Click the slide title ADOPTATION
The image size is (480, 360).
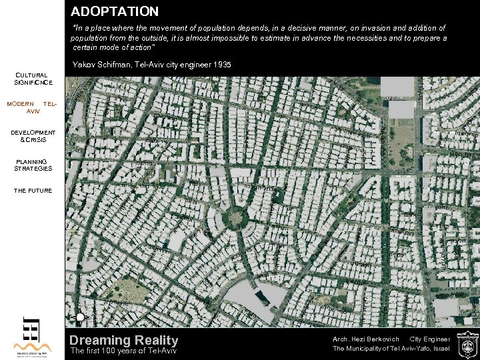tap(115, 11)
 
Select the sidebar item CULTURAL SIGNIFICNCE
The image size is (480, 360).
tap(33, 79)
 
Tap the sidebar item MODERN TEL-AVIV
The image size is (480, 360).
tap(32, 107)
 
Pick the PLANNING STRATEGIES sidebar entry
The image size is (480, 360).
tap(33, 165)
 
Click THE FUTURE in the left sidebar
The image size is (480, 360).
tap(33, 191)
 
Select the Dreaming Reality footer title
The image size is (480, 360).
tap(124, 341)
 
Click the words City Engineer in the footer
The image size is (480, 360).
tap(430, 339)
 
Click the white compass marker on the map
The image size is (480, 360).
tap(79, 317)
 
